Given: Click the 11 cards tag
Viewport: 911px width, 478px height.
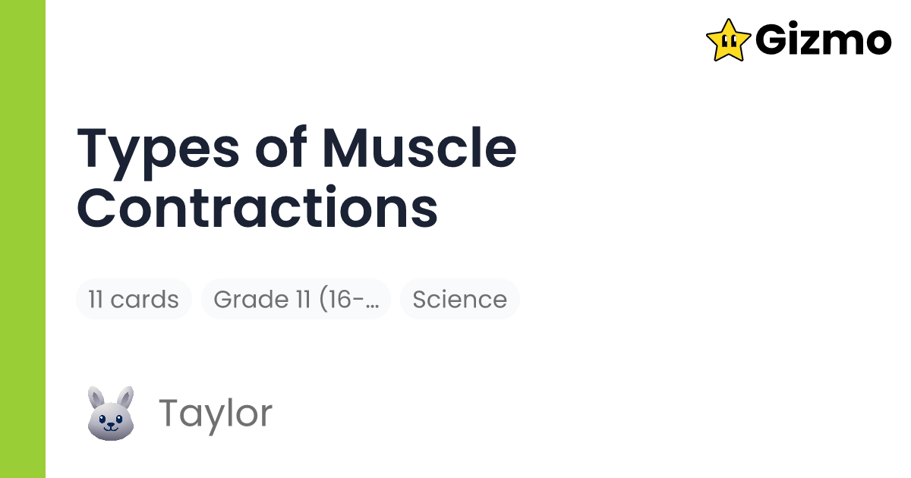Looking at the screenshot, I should pyautogui.click(x=134, y=299).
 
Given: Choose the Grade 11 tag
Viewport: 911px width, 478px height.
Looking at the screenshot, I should pyautogui.click(x=295, y=299).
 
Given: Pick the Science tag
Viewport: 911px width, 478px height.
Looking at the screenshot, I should pyautogui.click(x=459, y=299).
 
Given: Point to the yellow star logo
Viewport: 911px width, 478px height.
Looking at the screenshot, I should pyautogui.click(x=728, y=40).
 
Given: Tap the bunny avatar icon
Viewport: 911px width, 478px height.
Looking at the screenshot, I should pyautogui.click(x=111, y=413).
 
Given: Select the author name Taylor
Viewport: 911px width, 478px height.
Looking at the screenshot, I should pyautogui.click(x=215, y=413).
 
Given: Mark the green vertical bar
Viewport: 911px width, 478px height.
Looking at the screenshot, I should pyautogui.click(x=23, y=239).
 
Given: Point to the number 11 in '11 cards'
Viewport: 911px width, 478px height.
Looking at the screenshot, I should pyautogui.click(x=96, y=299).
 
